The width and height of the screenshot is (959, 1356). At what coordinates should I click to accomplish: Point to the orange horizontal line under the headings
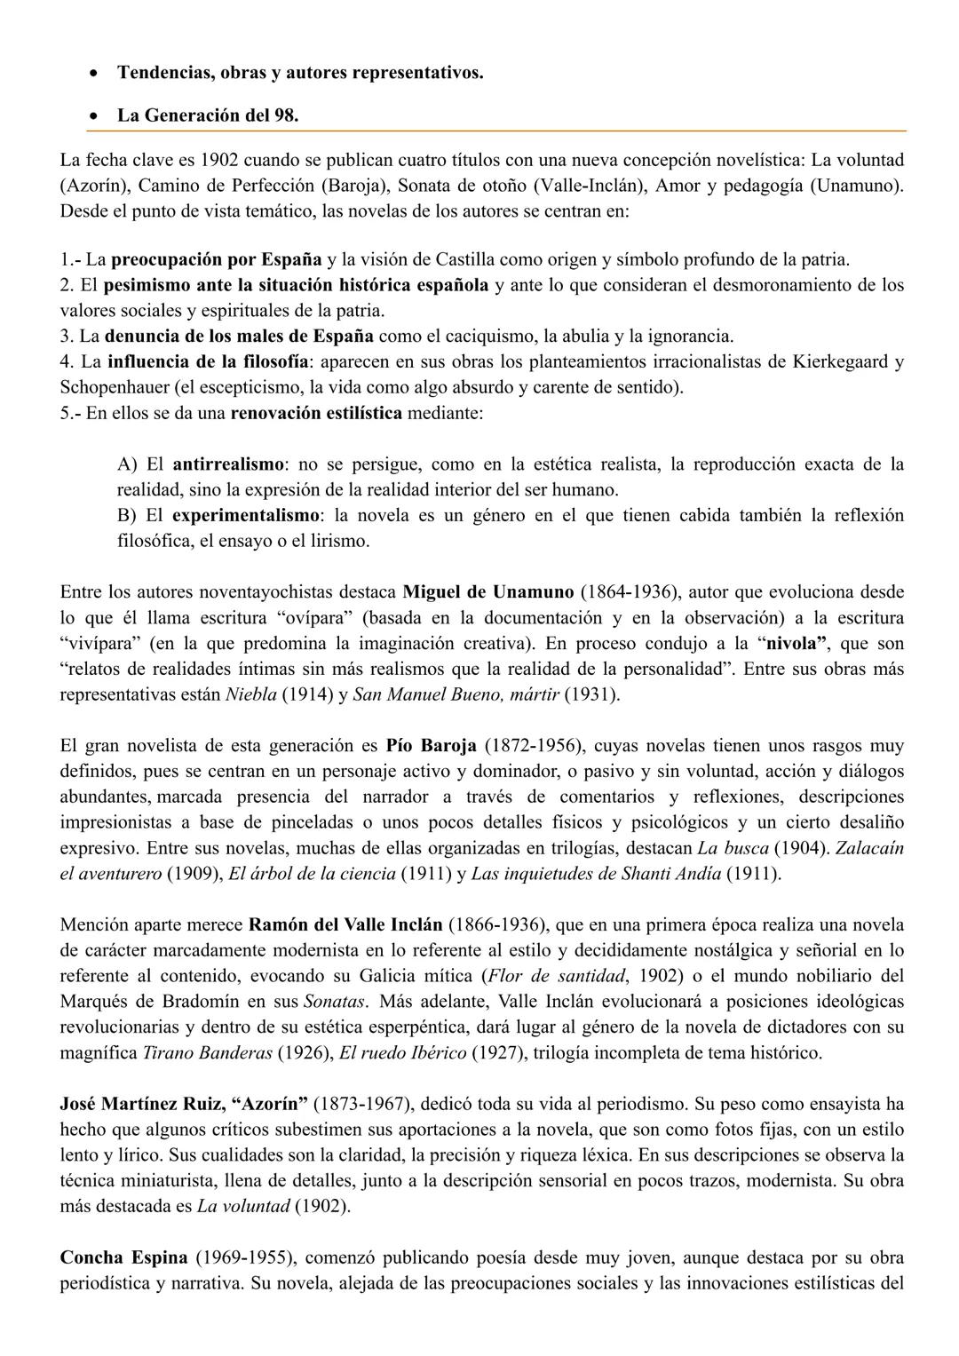(x=497, y=131)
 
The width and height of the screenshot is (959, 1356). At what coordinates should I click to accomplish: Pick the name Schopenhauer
(x=115, y=388)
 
